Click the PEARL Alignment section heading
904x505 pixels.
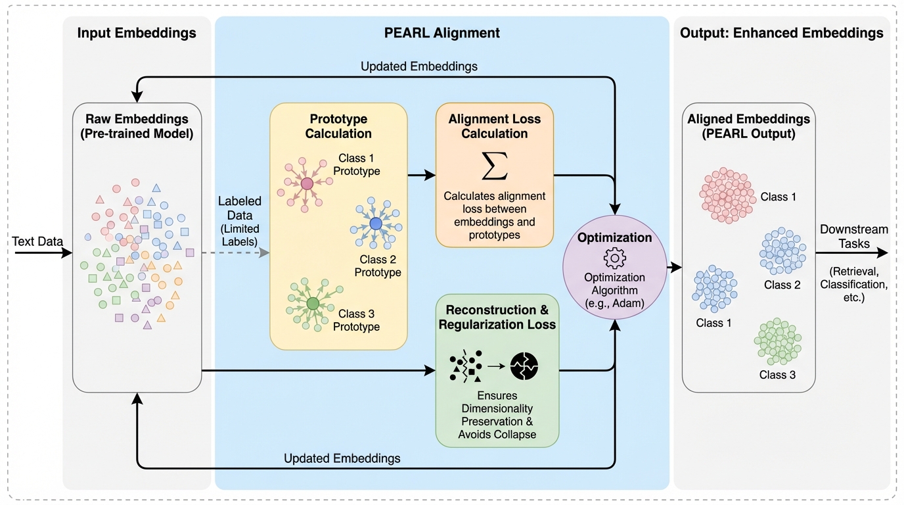pos(441,33)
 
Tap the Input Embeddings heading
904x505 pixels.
pos(137,33)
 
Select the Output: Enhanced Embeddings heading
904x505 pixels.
pos(782,33)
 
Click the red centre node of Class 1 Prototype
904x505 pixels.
pos(307,183)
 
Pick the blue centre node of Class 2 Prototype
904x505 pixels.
pos(376,224)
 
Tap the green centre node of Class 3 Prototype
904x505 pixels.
pos(313,303)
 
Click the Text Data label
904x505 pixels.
pos(37,241)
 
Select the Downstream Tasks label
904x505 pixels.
pos(853,237)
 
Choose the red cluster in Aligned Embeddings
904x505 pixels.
pos(727,195)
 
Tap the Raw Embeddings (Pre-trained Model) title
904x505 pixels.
pos(137,126)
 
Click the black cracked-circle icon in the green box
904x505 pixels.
pos(524,366)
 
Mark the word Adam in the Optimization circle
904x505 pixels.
pos(627,304)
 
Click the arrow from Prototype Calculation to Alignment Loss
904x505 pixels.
pos(421,176)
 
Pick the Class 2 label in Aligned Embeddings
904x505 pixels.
pos(782,285)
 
